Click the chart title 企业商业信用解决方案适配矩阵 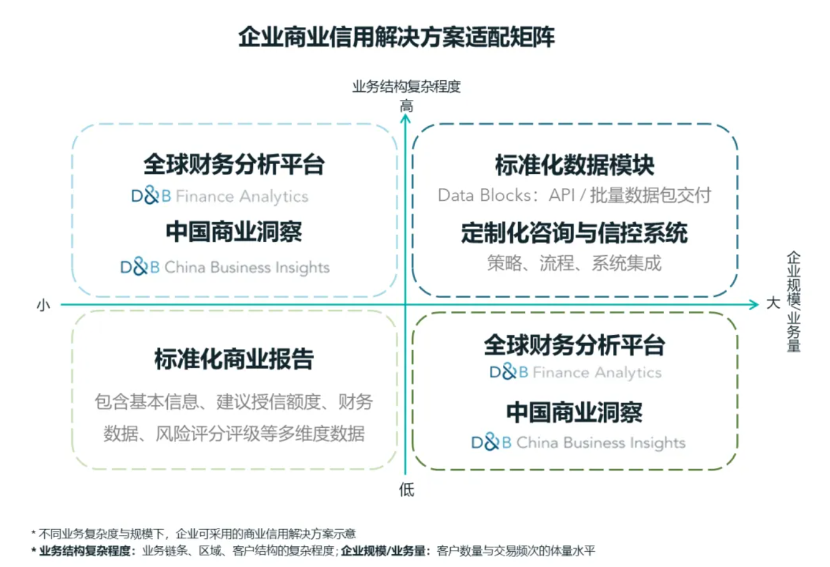coord(396,37)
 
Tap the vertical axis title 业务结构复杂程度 coord(406,86)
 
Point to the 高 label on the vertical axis coord(406,105)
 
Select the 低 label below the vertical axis coord(406,490)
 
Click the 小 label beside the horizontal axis coord(43,304)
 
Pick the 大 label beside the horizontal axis coord(773,303)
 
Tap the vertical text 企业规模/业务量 coord(793,301)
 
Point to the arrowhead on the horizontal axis coord(755,304)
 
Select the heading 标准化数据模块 coord(575,165)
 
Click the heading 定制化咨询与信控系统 coord(575,233)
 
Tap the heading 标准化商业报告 coord(234,359)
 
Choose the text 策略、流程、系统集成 coord(575,263)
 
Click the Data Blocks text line coord(575,195)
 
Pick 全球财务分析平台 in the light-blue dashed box coord(234,164)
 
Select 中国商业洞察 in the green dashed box coord(575,413)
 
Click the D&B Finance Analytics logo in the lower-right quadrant coord(575,372)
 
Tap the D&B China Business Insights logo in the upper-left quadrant coord(225,267)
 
